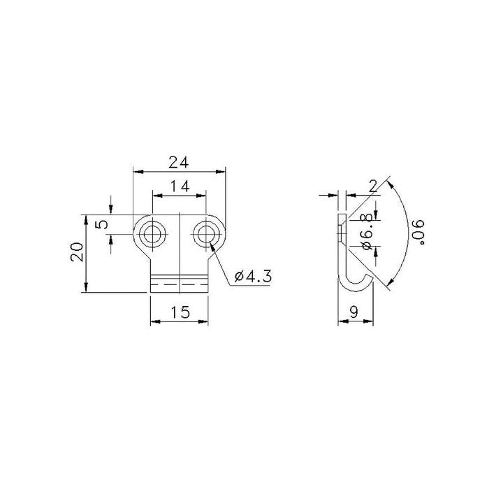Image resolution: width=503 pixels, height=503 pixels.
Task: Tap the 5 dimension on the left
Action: tap(101, 225)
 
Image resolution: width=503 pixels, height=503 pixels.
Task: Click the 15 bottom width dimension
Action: tap(180, 312)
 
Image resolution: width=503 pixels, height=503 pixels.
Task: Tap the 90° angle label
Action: tap(418, 231)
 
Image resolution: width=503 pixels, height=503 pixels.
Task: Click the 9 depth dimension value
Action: tap(354, 312)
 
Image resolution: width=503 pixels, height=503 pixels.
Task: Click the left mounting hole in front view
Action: tap(152, 234)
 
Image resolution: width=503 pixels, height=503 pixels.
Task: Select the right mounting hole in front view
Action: tap(205, 234)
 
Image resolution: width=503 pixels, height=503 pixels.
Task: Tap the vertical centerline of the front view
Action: tap(180, 251)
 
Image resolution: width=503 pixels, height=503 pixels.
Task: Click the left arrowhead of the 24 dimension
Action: tap(136, 170)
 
